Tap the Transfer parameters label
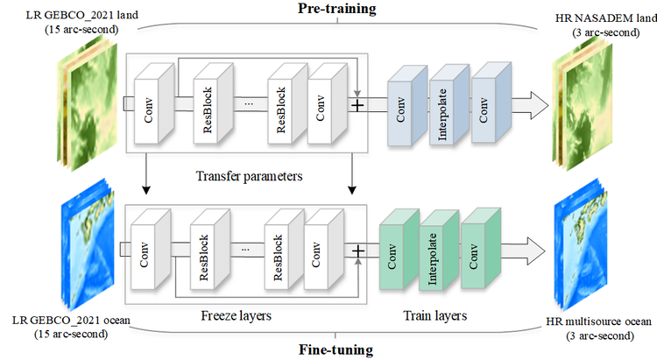tap(251, 176)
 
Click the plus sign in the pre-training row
tap(357, 105)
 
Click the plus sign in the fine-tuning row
tap(357, 252)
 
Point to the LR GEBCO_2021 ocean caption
tap(83, 327)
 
